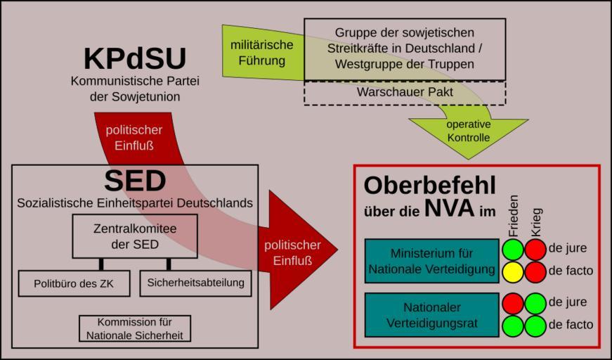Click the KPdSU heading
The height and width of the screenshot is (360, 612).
click(135, 59)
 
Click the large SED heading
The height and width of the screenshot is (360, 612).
click(135, 181)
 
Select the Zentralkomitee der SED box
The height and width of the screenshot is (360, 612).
click(135, 236)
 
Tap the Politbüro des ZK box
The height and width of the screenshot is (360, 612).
click(73, 283)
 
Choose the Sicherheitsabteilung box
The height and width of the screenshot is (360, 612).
click(195, 283)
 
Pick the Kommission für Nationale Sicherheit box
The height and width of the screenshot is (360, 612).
click(134, 328)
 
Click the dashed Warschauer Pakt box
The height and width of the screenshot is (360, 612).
click(404, 93)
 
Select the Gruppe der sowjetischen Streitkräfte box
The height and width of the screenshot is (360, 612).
click(404, 49)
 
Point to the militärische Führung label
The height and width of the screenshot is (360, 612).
click(262, 53)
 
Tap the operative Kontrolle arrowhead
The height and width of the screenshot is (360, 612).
click(469, 131)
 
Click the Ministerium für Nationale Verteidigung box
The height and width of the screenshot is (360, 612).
click(431, 261)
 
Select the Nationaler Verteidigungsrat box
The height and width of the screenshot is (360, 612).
click(431, 315)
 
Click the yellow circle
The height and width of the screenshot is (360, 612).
click(513, 271)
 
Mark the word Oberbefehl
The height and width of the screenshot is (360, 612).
click(429, 185)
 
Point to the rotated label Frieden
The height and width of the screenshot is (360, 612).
click(513, 215)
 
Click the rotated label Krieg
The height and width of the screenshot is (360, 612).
click(535, 221)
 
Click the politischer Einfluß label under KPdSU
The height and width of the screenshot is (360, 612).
click(134, 138)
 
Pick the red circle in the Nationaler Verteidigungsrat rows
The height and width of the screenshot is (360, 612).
click(513, 303)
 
